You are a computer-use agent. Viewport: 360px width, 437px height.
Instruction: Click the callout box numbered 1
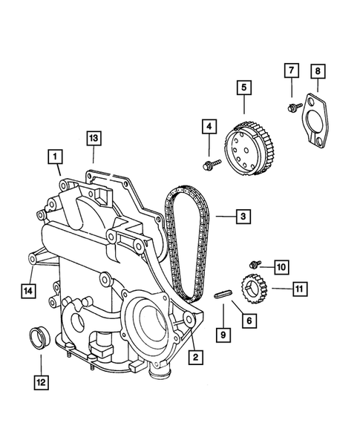[x=56, y=157]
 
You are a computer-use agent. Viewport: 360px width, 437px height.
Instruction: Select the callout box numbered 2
[x=196, y=358]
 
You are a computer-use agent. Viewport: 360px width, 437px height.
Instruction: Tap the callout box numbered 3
[x=243, y=217]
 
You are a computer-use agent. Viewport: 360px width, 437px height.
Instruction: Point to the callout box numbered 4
[x=210, y=127]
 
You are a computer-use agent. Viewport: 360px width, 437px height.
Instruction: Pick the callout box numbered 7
[x=290, y=70]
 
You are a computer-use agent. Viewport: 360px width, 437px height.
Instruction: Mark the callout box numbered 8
[x=318, y=72]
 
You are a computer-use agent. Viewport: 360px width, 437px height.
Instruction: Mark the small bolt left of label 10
[x=255, y=263]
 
